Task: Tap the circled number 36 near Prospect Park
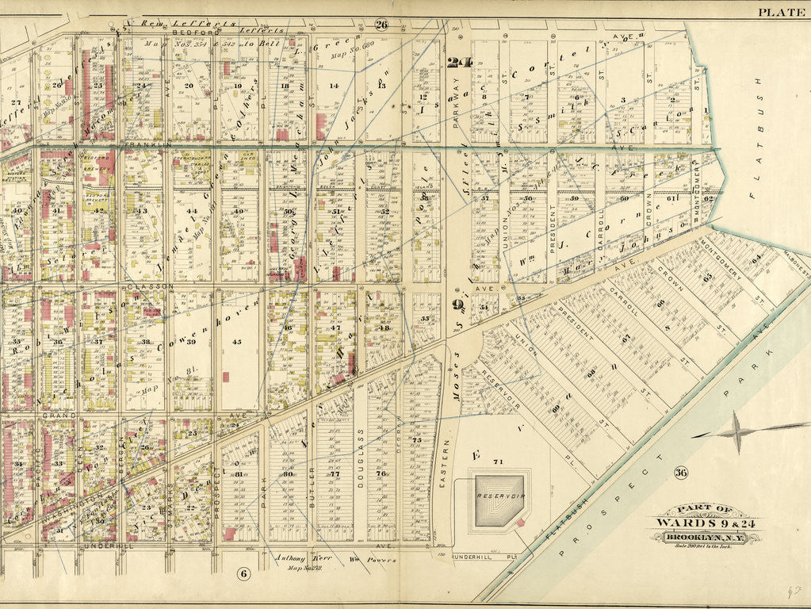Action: click(x=680, y=473)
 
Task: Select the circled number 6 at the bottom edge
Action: click(x=243, y=573)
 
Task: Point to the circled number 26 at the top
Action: click(x=381, y=25)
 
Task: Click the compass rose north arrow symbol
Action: click(x=736, y=432)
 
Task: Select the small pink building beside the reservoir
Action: click(x=520, y=521)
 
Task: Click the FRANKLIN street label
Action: click(x=147, y=146)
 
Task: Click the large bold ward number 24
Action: click(x=458, y=63)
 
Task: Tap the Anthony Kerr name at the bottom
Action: click(x=290, y=558)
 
